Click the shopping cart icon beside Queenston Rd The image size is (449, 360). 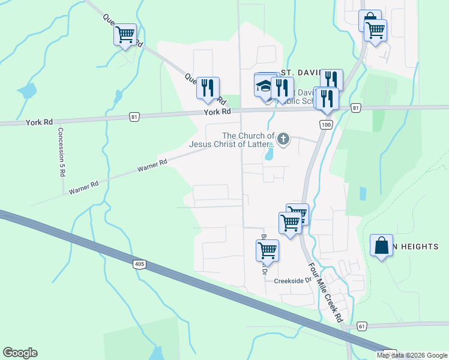click(125, 35)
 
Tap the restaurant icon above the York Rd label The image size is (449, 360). click(208, 88)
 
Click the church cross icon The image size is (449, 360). click(283, 140)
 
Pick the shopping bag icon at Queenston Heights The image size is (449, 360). click(381, 245)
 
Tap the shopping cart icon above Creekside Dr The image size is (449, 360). click(267, 250)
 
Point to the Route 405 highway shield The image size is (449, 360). click(139, 264)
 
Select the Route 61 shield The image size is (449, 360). click(361, 326)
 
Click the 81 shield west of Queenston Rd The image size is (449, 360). click(134, 116)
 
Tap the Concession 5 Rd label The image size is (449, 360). click(61, 151)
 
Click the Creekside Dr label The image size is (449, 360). click(294, 280)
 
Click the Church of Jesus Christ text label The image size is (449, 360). click(232, 140)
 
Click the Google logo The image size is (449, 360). click(20, 353)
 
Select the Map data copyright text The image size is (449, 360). click(411, 355)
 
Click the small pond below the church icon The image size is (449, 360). click(269, 154)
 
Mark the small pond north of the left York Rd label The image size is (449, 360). click(26, 91)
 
